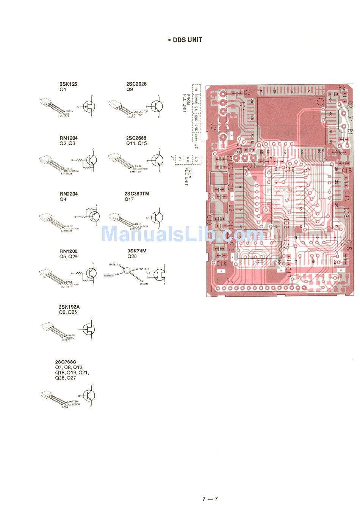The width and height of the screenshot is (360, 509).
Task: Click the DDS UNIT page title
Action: (x=185, y=40)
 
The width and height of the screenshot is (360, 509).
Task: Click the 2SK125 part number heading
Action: (x=68, y=84)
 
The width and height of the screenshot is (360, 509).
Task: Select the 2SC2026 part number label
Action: (x=136, y=84)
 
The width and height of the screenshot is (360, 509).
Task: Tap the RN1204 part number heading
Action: (x=69, y=138)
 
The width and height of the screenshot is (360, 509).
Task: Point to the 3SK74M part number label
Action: (x=137, y=251)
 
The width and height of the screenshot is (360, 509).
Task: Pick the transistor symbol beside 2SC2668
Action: (x=157, y=160)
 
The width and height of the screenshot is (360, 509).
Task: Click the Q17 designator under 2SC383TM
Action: (x=129, y=199)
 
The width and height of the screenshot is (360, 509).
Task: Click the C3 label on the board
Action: (x=247, y=92)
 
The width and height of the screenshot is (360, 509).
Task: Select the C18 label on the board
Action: (x=346, y=171)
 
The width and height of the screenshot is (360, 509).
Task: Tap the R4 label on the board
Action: (x=230, y=281)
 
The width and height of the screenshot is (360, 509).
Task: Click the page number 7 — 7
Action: (x=210, y=499)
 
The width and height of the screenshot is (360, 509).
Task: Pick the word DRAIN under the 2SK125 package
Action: (x=69, y=111)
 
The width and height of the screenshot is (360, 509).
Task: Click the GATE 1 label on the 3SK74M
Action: (x=113, y=264)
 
